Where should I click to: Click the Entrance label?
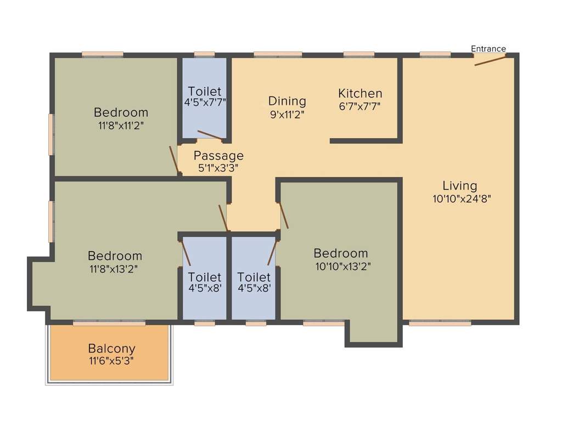[488, 49]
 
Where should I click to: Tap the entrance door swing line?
[490, 60]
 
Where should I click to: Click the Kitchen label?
[360, 93]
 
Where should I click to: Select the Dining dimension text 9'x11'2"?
[286, 115]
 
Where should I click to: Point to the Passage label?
[218, 156]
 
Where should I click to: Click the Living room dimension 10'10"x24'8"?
[461, 199]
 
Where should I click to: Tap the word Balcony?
[111, 348]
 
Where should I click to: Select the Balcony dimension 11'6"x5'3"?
[111, 361]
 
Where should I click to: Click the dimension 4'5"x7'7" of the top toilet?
[204, 102]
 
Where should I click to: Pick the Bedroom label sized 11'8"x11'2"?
[121, 112]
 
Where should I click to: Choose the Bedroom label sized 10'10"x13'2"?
[340, 253]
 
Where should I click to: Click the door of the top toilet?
[210, 135]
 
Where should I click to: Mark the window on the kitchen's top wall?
[359, 54]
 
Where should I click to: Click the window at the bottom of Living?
[440, 323]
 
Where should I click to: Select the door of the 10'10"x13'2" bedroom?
[284, 215]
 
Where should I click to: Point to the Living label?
[460, 186]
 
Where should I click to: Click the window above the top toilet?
[204, 54]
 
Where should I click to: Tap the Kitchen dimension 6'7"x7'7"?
[360, 106]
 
